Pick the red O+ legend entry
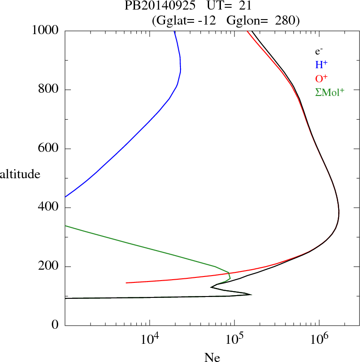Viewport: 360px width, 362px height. [x=321, y=78]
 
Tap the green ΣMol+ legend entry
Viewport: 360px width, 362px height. [x=329, y=92]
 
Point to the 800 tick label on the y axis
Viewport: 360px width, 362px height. [x=49, y=90]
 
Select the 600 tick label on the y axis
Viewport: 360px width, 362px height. [x=49, y=149]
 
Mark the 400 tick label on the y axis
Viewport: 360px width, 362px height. [x=49, y=208]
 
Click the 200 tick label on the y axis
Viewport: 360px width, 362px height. [x=49, y=266]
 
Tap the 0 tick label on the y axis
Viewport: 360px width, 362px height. [x=55, y=326]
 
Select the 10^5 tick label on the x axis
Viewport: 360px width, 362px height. [x=234, y=340]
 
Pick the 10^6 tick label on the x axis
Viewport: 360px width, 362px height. [x=319, y=340]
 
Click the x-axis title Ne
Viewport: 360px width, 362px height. [x=212, y=357]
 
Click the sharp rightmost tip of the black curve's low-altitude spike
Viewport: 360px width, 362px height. [x=251, y=295]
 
